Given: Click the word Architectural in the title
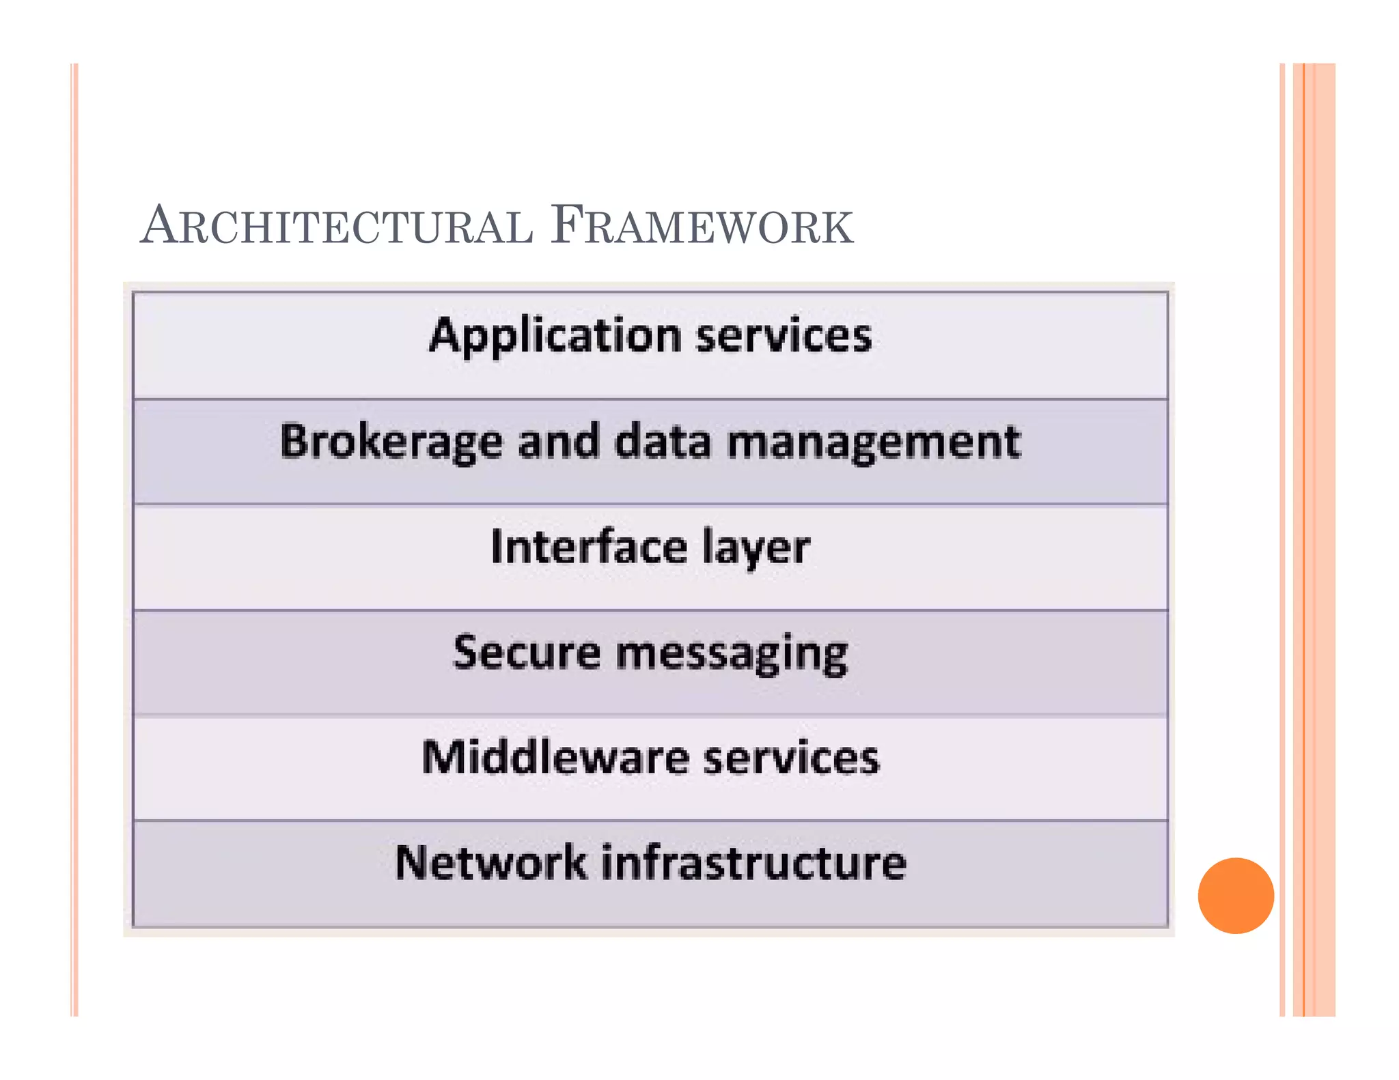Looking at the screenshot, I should click(x=337, y=225).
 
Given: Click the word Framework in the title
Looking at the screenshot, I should click(x=702, y=225).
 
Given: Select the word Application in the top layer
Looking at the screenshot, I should click(x=555, y=337).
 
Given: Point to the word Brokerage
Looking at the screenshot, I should click(x=391, y=442).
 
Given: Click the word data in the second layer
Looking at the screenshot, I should click(x=663, y=441).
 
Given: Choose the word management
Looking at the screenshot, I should click(x=874, y=442).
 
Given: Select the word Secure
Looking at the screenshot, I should click(x=527, y=653).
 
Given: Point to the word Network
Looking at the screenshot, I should click(x=490, y=863).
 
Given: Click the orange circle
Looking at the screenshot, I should click(x=1235, y=895).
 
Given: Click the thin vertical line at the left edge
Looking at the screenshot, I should click(x=74, y=539).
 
